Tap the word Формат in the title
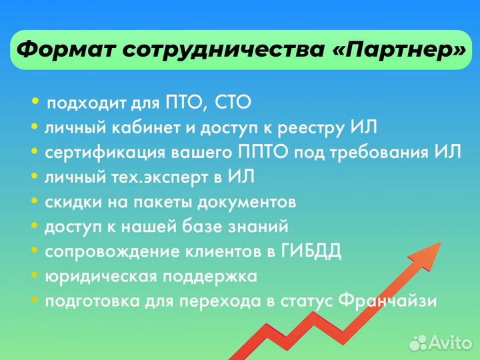(x=65, y=49)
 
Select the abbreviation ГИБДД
(x=312, y=251)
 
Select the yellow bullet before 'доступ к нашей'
(x=35, y=226)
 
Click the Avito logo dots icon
(x=418, y=343)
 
